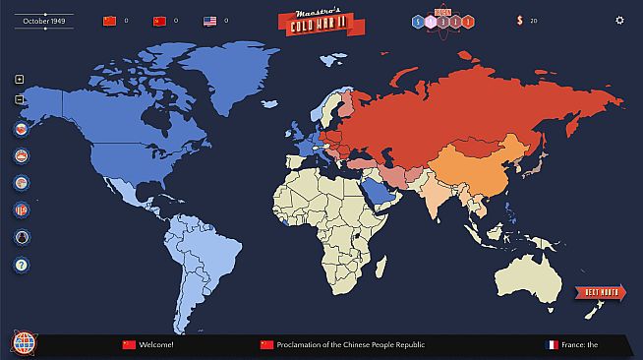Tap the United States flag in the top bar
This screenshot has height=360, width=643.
[209, 20]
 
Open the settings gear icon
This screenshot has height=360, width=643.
[619, 20]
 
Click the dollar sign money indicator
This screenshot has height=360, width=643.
[520, 20]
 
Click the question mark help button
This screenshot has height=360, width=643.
[22, 265]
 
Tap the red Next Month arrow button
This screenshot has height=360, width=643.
[599, 292]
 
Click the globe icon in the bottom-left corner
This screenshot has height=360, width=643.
[23, 344]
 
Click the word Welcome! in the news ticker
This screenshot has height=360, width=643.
[156, 345]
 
